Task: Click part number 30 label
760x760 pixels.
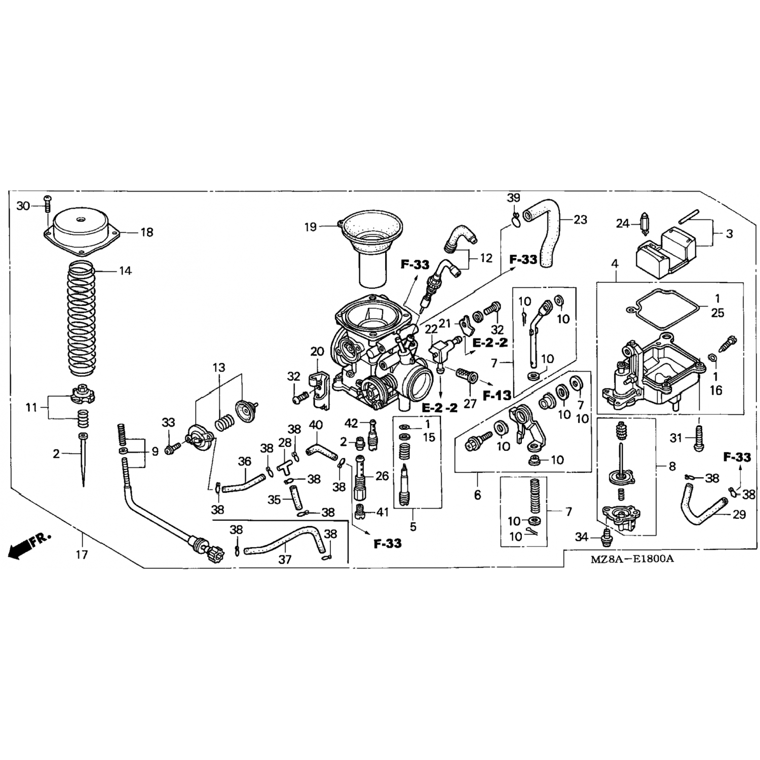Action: (23, 206)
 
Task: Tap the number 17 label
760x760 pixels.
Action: (82, 554)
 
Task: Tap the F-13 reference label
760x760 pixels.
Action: (497, 395)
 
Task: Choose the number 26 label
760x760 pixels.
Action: (382, 476)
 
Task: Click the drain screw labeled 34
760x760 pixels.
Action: (607, 535)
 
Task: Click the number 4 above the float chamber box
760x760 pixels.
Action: (615, 264)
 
